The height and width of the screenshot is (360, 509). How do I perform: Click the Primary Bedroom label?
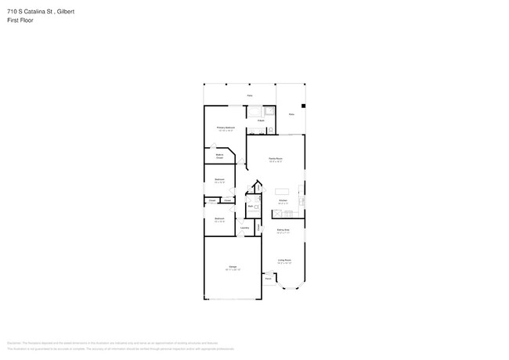(x=226, y=128)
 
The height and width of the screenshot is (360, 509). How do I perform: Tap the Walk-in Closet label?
(x=220, y=157)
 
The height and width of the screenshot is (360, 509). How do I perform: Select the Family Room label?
(x=275, y=160)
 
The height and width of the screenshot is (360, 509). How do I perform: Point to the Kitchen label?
(x=283, y=200)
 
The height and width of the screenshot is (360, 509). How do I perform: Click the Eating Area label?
(x=283, y=230)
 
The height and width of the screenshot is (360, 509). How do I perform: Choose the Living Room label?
(x=283, y=261)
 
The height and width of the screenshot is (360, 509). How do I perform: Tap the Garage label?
(x=232, y=268)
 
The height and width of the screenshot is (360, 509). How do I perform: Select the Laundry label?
(x=244, y=228)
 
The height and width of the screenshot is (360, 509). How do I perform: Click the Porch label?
(x=268, y=279)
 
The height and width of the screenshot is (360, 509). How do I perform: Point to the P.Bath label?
(x=261, y=121)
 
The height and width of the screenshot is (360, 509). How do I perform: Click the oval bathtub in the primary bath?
(x=255, y=111)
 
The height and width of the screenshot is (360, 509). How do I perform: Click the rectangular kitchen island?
(x=281, y=191)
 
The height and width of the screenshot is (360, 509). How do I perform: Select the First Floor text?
(x=20, y=20)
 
